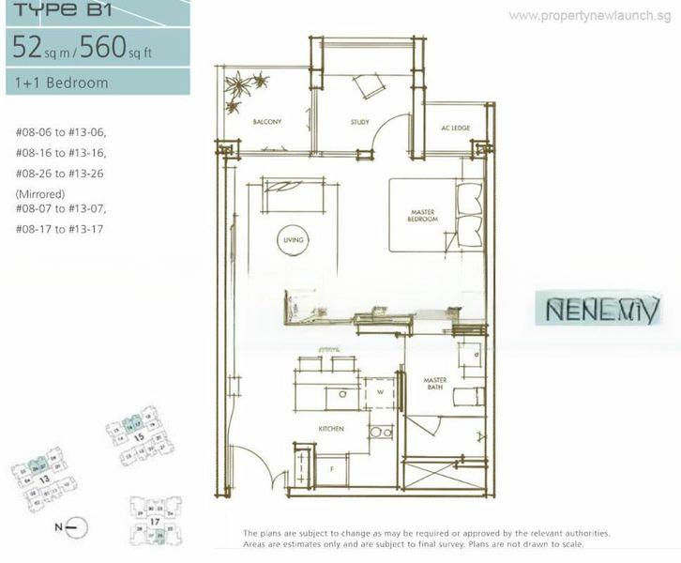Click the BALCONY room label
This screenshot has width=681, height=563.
tap(266, 122)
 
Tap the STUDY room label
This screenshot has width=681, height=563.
tap(360, 122)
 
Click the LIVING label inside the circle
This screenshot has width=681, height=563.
tap(293, 240)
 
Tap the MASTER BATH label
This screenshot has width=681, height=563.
tap(434, 384)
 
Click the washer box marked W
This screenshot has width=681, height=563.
tap(380, 393)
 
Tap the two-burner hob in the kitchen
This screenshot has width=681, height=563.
tap(381, 432)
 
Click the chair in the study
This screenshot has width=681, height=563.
tap(367, 86)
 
